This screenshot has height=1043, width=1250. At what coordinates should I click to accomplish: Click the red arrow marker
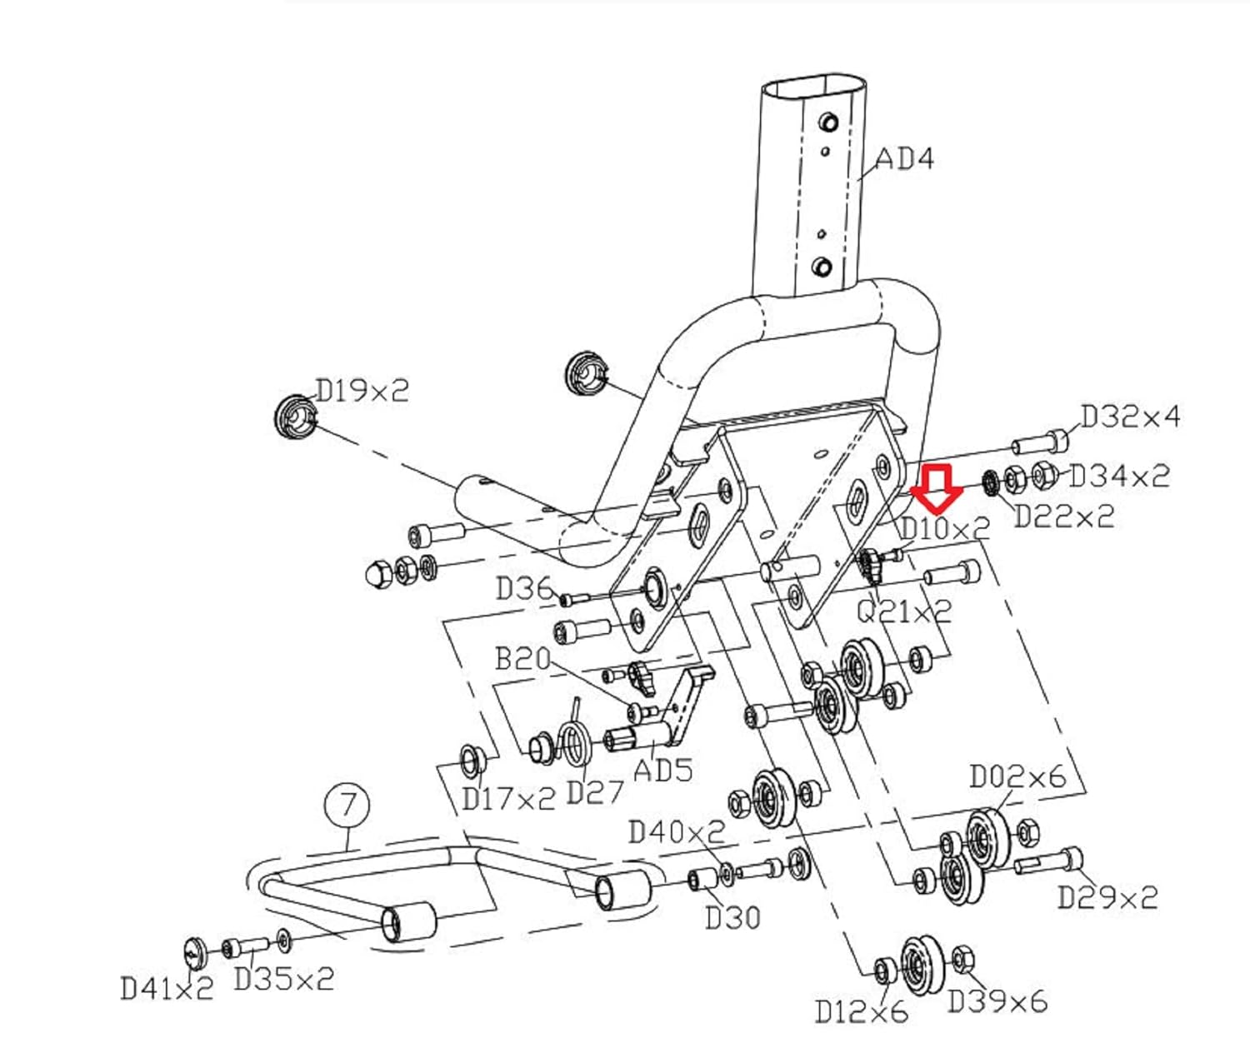tap(937, 487)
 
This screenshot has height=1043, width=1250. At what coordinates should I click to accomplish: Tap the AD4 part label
tap(904, 160)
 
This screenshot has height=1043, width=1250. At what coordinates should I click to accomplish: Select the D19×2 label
tap(362, 391)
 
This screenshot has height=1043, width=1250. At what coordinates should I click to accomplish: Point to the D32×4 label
tap(1130, 416)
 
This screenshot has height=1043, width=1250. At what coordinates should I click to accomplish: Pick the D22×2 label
tap(1064, 516)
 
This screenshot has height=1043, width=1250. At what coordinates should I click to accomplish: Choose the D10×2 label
tap(945, 528)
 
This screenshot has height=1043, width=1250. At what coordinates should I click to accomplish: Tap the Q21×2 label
tap(904, 611)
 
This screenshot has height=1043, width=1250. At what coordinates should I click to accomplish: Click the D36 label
tap(524, 590)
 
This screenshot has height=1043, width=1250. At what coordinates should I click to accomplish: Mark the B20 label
tap(523, 659)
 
